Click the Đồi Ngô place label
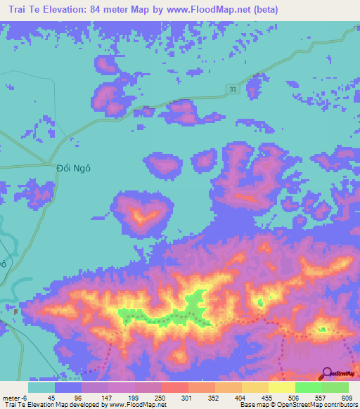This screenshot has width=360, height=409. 74,169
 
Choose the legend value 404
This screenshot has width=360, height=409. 240,397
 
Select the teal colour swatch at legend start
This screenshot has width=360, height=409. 41,387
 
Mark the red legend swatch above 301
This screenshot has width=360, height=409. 174,387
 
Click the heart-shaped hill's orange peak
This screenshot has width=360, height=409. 143,214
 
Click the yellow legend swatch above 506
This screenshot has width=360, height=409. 281,387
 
